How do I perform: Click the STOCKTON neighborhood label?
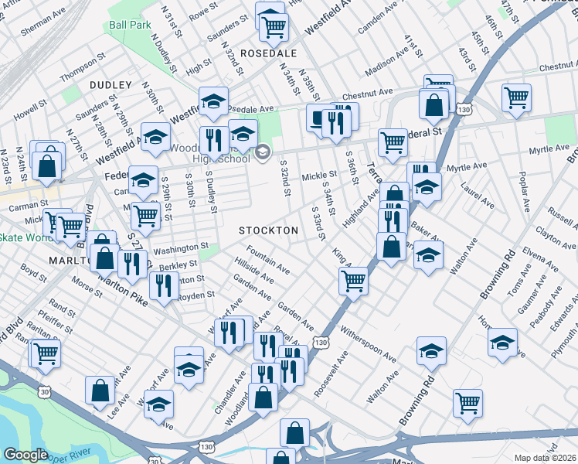tap(268, 230)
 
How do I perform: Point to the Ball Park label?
tap(130, 25)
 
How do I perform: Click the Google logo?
tap(25, 455)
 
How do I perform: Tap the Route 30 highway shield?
tap(45, 392)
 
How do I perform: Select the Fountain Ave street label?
tap(268, 260)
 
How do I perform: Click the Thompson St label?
tap(81, 70)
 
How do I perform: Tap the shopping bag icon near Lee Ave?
tap(100, 391)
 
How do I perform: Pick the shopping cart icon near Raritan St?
tap(46, 353)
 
